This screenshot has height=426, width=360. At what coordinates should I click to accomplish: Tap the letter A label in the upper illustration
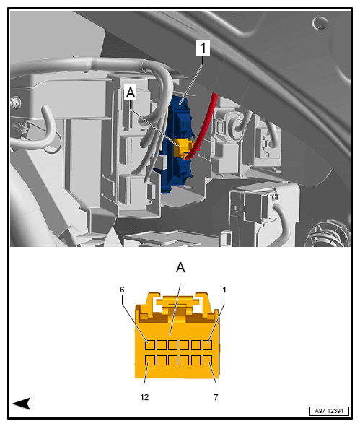click(131, 93)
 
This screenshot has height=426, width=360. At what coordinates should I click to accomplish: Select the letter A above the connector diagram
click(180, 267)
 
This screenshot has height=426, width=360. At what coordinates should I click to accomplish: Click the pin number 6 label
click(123, 290)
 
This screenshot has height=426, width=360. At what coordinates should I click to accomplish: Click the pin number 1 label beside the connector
click(224, 290)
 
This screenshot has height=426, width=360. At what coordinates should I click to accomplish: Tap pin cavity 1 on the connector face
click(208, 344)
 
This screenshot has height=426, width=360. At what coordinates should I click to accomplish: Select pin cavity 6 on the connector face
click(150, 344)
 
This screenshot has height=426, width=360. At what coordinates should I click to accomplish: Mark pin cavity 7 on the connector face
click(208, 360)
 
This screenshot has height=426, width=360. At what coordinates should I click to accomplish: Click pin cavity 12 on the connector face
click(150, 360)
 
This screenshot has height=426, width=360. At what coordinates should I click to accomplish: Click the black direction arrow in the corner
click(21, 403)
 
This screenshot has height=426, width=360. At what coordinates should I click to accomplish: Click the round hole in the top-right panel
click(319, 22)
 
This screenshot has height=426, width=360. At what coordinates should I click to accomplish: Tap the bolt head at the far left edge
click(14, 103)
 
